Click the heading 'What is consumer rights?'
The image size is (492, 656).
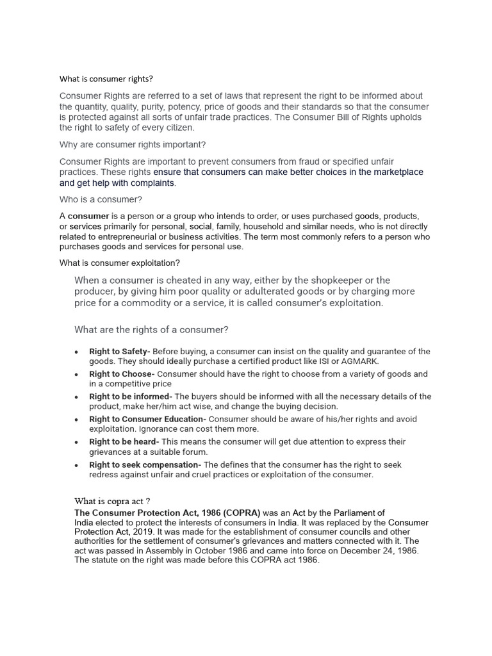click(x=106, y=79)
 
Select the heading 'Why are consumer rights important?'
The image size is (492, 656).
click(x=133, y=145)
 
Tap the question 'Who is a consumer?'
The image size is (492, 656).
click(x=101, y=199)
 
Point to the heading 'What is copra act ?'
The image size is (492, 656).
click(x=112, y=501)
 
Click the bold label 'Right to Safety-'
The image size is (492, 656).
click(x=120, y=352)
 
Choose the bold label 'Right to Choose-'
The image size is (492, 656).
click(x=122, y=374)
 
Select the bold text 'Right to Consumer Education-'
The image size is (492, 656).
click(x=148, y=420)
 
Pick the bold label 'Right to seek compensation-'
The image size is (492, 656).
click(x=145, y=465)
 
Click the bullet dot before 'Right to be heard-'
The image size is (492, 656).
click(x=76, y=443)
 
